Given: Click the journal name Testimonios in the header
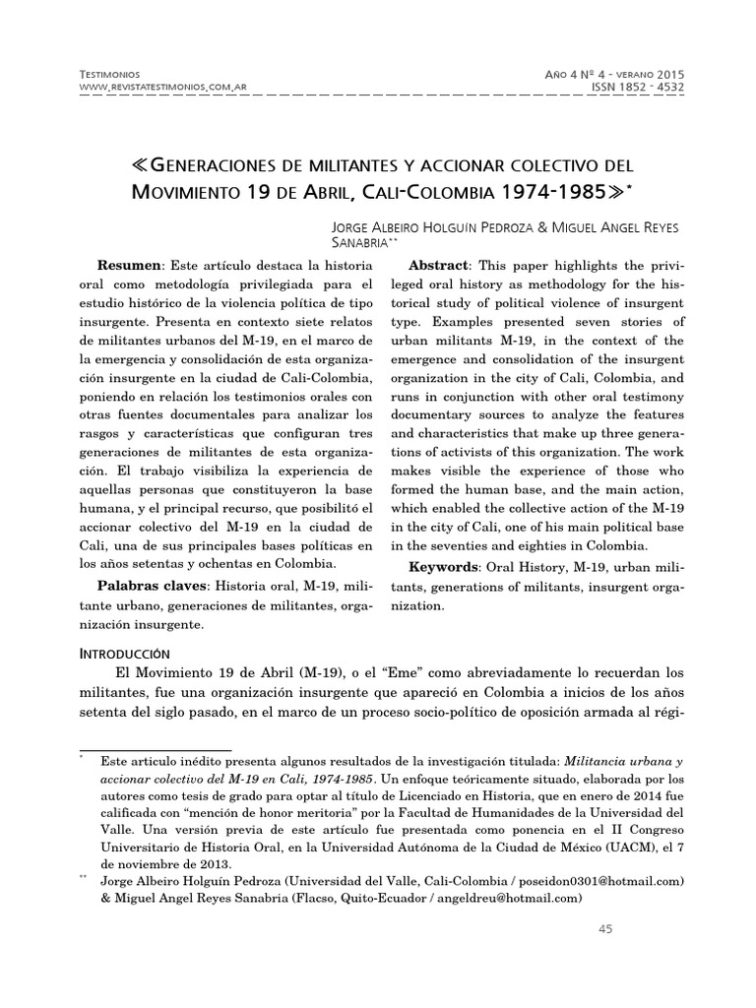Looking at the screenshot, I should (107, 75).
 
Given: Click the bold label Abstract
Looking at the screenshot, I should (440, 269).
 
